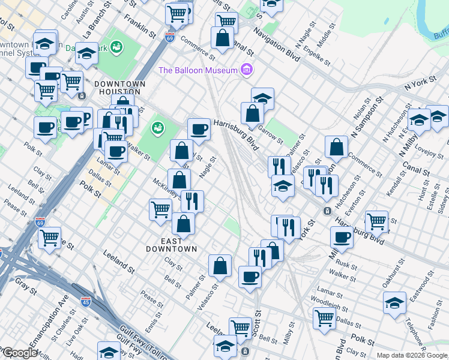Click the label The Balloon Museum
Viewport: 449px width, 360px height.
[x=199, y=70]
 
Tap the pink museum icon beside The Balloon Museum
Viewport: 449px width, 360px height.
[x=246, y=70]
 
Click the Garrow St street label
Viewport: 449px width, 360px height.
[x=270, y=132]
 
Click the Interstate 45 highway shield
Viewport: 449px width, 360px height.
[x=86, y=303]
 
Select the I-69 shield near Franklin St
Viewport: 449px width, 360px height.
[x=170, y=37]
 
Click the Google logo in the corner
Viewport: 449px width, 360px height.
[x=19, y=353]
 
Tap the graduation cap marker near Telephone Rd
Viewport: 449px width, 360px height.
[x=394, y=302]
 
